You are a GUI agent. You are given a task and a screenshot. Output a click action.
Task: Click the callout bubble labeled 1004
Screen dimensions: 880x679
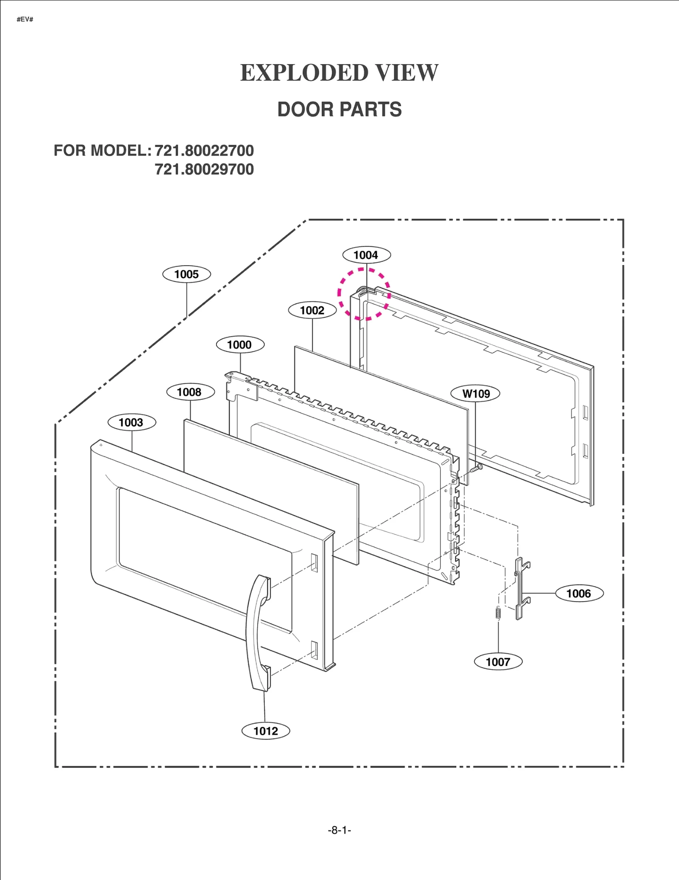[x=366, y=255]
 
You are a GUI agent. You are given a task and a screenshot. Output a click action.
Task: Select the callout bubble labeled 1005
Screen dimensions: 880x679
[x=186, y=274]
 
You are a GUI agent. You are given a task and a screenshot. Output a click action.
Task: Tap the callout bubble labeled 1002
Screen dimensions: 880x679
[x=312, y=310]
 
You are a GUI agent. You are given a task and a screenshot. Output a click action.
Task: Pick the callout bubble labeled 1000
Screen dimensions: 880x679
[x=240, y=344]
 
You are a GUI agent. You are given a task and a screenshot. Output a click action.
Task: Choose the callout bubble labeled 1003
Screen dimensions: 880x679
[x=131, y=422]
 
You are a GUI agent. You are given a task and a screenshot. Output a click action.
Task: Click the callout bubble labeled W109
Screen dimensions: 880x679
[x=475, y=394]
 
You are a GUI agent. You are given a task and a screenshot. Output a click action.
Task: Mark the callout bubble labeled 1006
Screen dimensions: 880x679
[x=579, y=593]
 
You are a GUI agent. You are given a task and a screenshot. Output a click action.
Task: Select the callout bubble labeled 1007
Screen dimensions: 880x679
[x=498, y=662]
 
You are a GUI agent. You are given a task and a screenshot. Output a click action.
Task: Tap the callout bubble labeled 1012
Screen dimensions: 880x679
[x=266, y=731]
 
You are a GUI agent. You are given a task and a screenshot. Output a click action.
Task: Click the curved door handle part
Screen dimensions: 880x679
[x=256, y=633]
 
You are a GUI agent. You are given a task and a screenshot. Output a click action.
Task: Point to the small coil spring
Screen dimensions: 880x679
[x=498, y=613]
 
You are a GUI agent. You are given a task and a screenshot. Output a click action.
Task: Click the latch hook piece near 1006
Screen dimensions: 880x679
[x=520, y=588]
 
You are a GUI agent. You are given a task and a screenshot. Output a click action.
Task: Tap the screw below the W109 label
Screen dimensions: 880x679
[x=477, y=468]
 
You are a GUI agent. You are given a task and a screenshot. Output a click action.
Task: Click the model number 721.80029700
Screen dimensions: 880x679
[x=204, y=169]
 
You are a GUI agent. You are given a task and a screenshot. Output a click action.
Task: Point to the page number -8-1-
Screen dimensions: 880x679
[x=339, y=830]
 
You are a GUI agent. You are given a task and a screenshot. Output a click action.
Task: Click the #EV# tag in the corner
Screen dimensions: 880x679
[x=25, y=20]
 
